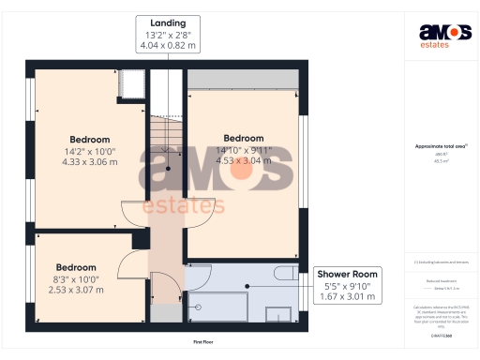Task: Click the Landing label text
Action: click(162, 22)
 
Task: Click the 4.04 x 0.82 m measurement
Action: click(162, 45)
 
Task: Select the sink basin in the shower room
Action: click(279, 315)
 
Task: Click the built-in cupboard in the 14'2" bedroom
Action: click(131, 84)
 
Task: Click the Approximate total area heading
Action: click(441, 145)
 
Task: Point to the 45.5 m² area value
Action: click(441, 161)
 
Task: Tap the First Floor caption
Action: click(205, 342)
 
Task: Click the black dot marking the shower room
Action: click(247, 287)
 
